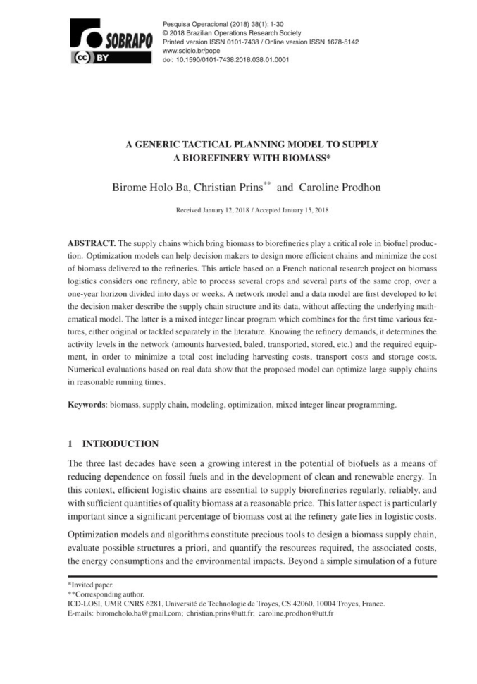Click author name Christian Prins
click(229, 189)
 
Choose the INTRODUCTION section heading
click(120, 444)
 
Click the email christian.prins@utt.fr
click(219, 613)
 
